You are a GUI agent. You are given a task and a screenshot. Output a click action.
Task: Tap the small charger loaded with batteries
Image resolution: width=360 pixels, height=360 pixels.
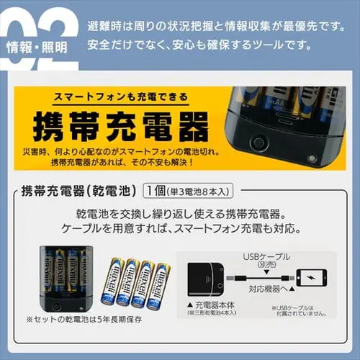65,279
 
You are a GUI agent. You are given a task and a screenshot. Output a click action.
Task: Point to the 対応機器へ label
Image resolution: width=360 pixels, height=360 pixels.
269,294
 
